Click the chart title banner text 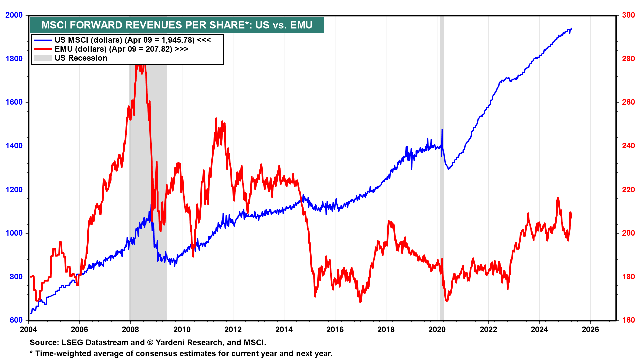click(x=177, y=25)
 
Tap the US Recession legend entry click(x=81, y=58)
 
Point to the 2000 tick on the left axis click(x=14, y=15)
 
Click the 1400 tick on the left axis click(x=14, y=146)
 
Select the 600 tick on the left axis click(x=16, y=320)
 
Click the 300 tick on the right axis click(x=628, y=15)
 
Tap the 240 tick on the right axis click(x=628, y=146)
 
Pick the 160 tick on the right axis click(x=628, y=320)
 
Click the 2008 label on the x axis click(x=131, y=330)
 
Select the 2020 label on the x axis click(x=437, y=330)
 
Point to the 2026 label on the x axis click(x=590, y=330)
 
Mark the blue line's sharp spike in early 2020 click(x=442, y=129)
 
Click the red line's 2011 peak click(x=216, y=118)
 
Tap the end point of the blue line click(x=572, y=28)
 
